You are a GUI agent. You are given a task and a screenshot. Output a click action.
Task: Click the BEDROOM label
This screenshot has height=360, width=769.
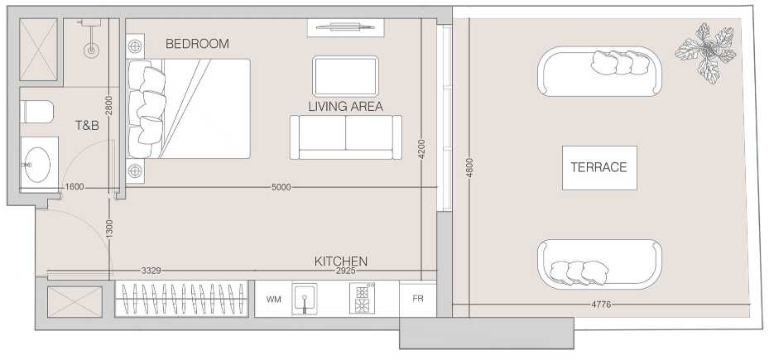(x=197, y=44)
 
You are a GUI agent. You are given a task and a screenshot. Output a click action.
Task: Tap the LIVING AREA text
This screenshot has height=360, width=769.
(x=346, y=107)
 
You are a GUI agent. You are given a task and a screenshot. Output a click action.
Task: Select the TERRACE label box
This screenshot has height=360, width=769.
(x=599, y=167)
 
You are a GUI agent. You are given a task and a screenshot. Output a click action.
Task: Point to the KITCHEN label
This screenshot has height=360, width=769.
(x=341, y=262)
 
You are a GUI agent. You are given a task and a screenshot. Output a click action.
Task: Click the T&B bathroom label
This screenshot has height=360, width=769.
(x=87, y=126)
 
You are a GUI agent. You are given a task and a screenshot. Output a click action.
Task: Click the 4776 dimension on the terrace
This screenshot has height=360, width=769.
(x=601, y=305)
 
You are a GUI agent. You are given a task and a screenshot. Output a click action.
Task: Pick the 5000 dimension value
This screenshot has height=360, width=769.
(x=281, y=187)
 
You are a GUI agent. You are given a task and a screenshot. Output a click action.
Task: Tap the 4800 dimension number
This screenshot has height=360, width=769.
(x=469, y=167)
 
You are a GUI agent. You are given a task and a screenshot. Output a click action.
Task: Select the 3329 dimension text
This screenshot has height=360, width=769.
(x=151, y=271)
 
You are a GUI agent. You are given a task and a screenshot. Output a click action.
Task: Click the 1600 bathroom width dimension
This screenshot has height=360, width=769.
(x=74, y=187)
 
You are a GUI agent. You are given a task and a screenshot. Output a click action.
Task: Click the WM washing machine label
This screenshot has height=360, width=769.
(x=274, y=300)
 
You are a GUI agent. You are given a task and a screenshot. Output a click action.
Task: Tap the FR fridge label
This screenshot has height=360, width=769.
(x=418, y=299)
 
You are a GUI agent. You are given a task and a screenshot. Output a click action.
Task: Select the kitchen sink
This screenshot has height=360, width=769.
(x=305, y=299)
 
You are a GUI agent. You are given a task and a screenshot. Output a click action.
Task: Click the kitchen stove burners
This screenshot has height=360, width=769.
(x=363, y=298)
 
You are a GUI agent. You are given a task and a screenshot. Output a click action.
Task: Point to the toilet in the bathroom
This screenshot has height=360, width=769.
(x=37, y=112)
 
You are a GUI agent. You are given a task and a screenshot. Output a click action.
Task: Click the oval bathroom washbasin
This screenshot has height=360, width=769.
(x=37, y=165)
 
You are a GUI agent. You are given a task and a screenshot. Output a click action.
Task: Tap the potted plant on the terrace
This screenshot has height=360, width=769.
(x=706, y=52)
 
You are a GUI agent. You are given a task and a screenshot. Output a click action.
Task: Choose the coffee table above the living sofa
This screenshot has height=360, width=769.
(x=345, y=76)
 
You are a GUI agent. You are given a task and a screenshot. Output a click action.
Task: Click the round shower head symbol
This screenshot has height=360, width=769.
(x=91, y=50)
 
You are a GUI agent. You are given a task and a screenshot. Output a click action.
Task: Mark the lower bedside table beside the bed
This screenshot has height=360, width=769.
(x=135, y=171)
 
